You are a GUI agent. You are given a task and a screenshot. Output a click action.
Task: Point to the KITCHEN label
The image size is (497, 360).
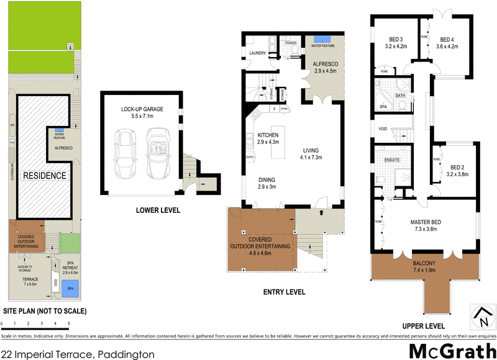click(x=268, y=135)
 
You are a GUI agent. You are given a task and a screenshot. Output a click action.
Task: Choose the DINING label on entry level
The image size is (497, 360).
click(x=268, y=180)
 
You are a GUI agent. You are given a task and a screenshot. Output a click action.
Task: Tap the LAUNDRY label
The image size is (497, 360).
click(x=257, y=53)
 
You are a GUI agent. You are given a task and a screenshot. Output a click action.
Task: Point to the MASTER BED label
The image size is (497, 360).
click(x=426, y=221)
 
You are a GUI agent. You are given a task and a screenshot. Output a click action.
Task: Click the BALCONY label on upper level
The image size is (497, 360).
click(x=425, y=263)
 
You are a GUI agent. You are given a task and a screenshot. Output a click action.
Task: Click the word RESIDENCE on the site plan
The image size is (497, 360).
click(x=45, y=176)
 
